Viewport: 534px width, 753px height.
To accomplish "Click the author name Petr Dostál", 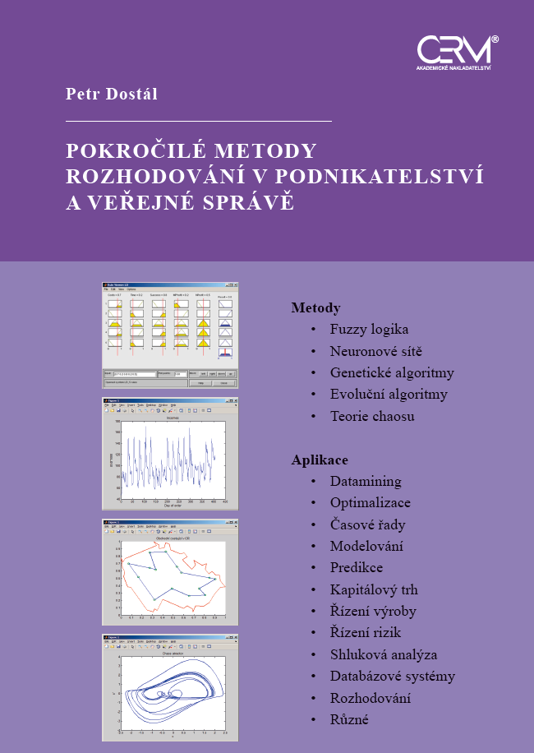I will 112,95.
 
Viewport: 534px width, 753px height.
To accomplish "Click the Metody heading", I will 315,308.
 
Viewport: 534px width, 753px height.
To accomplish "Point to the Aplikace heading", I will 320,460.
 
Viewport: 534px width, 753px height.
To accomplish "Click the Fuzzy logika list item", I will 369,330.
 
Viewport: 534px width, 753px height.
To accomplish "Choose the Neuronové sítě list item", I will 376,351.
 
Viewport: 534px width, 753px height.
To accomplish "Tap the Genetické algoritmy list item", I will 392,372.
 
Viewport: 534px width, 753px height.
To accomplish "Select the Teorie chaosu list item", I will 372,416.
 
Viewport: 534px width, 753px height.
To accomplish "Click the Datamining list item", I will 366,482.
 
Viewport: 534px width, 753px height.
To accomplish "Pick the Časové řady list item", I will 367,524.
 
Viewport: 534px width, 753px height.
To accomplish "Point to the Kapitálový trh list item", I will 374,589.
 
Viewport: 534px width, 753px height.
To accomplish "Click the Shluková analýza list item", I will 384,655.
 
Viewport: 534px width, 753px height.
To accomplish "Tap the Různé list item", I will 349,720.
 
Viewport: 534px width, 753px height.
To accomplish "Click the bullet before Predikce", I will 313,568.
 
